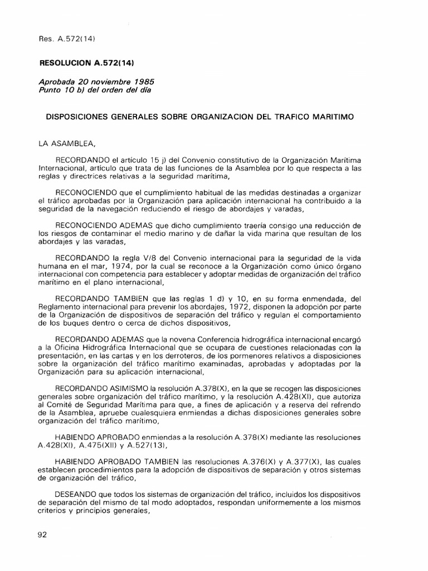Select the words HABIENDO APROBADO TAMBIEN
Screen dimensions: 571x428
[116, 462]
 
